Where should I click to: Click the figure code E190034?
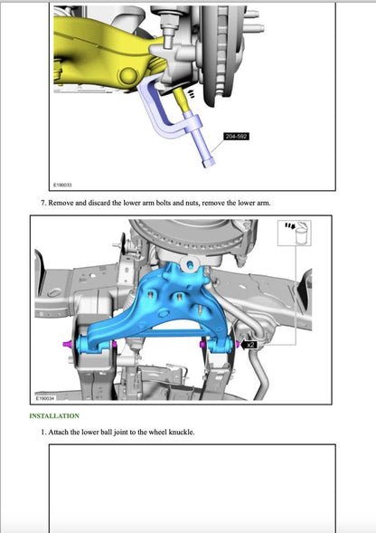click(x=45, y=397)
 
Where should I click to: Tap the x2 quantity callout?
click(x=250, y=344)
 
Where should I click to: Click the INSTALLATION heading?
click(x=54, y=415)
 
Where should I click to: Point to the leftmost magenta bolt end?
click(x=66, y=346)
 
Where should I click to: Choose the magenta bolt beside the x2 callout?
click(x=237, y=344)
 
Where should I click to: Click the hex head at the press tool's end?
click(x=211, y=162)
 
